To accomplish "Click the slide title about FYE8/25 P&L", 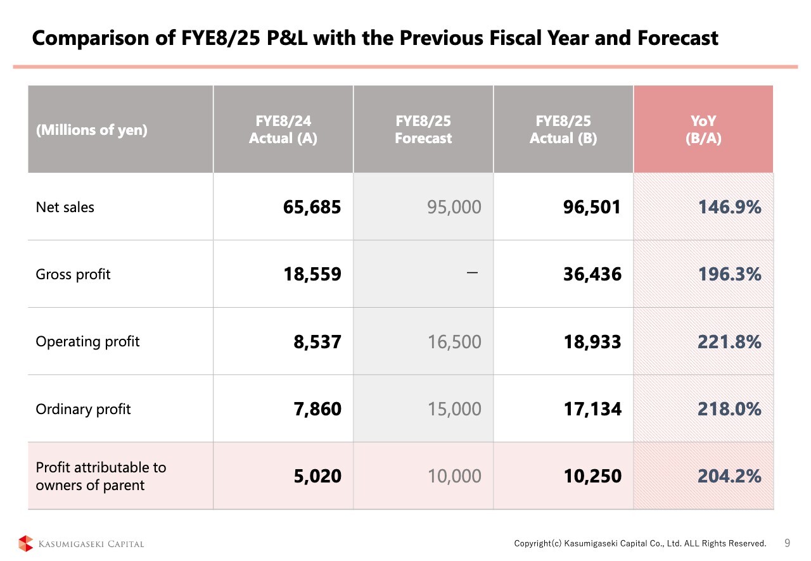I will (375, 39).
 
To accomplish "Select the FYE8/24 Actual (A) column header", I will (283, 129).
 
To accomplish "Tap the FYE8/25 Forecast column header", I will (423, 129).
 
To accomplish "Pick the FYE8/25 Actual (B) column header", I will (563, 129).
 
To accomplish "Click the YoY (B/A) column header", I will (703, 129).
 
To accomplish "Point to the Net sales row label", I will (65, 207).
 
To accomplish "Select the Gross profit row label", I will (73, 274).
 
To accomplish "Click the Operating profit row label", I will (87, 341).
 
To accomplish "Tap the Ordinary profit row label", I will (83, 409).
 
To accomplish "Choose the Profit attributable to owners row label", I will (100, 476).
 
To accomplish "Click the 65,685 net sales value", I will (313, 207).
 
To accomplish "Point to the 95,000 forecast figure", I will (454, 207).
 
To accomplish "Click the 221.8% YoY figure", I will (729, 342).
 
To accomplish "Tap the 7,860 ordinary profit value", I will (317, 409).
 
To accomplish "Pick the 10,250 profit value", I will (592, 476).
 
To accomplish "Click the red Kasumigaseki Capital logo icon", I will (25, 543).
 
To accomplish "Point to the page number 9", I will (787, 543).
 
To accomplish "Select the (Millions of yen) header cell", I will (91, 130).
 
